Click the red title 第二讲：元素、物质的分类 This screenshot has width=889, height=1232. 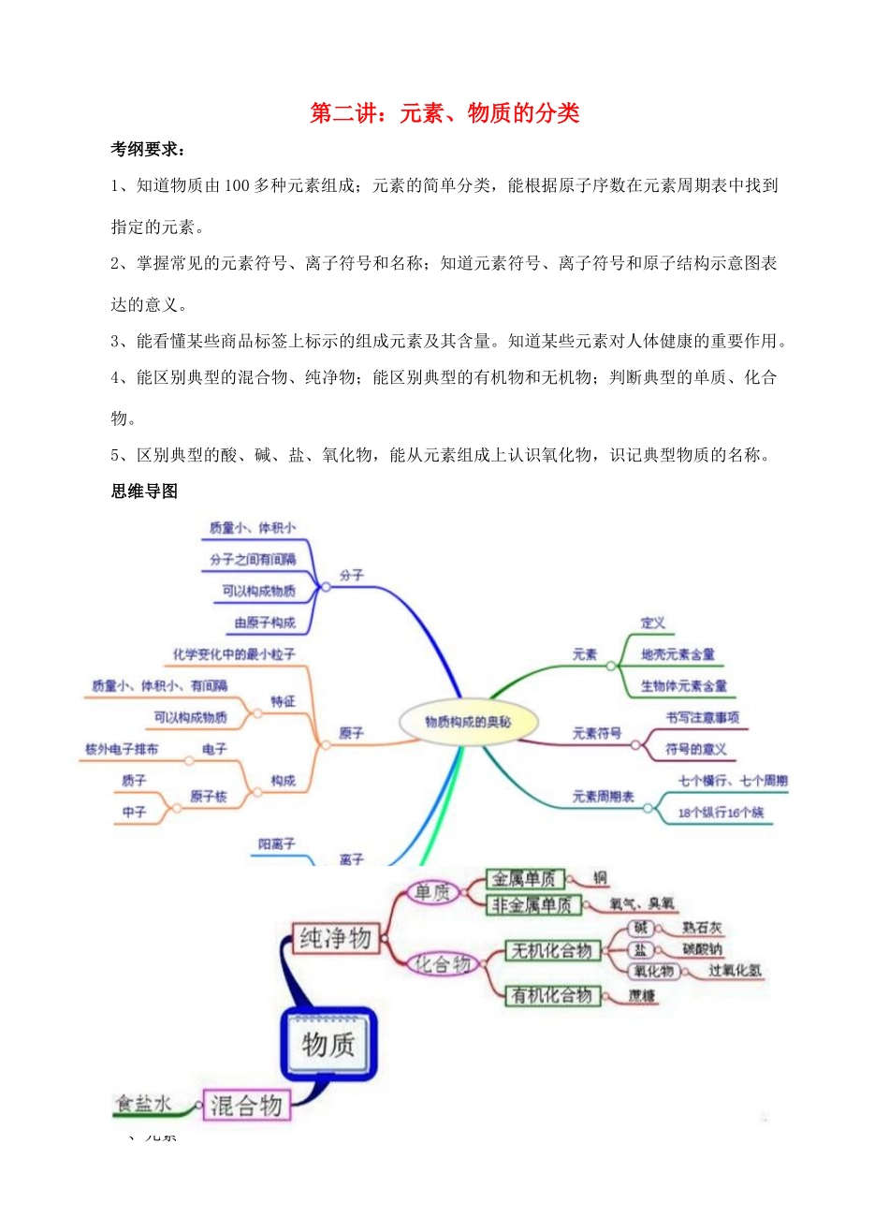(x=444, y=113)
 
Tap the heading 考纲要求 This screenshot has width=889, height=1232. (x=148, y=150)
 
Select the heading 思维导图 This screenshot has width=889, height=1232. (x=144, y=491)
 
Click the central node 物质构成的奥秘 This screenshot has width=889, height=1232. (x=468, y=722)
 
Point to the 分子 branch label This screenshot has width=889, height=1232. (x=352, y=575)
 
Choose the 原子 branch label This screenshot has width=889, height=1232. (x=352, y=733)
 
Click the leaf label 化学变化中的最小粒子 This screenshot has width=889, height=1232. (x=234, y=654)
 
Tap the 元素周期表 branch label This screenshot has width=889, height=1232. (x=603, y=797)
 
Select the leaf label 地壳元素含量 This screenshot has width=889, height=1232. (x=678, y=654)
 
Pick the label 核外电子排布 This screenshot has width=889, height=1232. (x=122, y=749)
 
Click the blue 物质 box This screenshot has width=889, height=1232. (x=328, y=1044)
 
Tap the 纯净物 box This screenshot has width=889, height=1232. (x=335, y=938)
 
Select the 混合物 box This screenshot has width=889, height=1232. (x=246, y=1106)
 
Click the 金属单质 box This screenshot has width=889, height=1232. (x=524, y=879)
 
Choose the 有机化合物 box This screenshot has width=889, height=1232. (x=552, y=995)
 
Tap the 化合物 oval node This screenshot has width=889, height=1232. (x=444, y=963)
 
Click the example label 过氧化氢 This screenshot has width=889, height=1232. (x=735, y=971)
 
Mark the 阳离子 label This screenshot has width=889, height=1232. (x=277, y=843)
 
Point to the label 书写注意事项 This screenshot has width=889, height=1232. (x=703, y=717)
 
